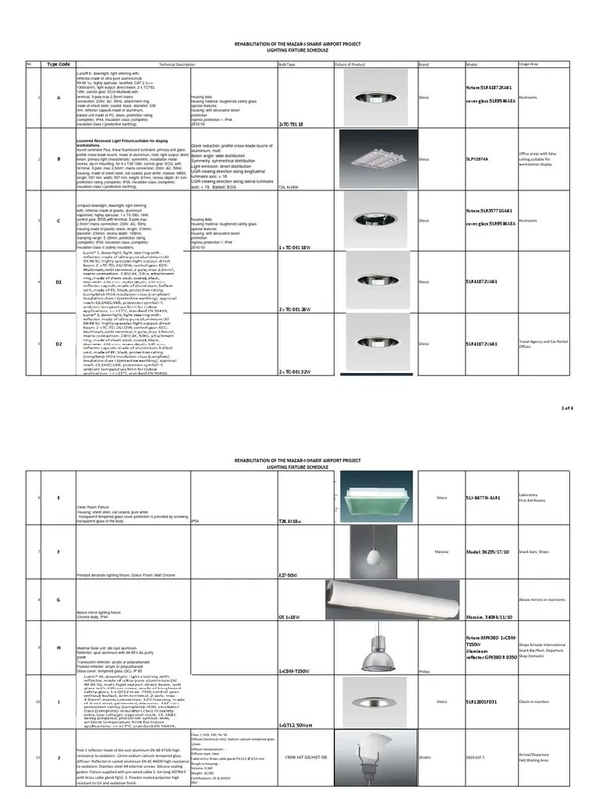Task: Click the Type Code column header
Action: click(58, 64)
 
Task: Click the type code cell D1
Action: click(58, 282)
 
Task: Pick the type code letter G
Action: click(58, 599)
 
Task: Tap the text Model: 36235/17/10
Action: click(488, 552)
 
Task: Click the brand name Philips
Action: click(424, 670)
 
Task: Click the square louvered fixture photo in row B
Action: click(370, 158)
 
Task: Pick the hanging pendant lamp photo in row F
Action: click(370, 551)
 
